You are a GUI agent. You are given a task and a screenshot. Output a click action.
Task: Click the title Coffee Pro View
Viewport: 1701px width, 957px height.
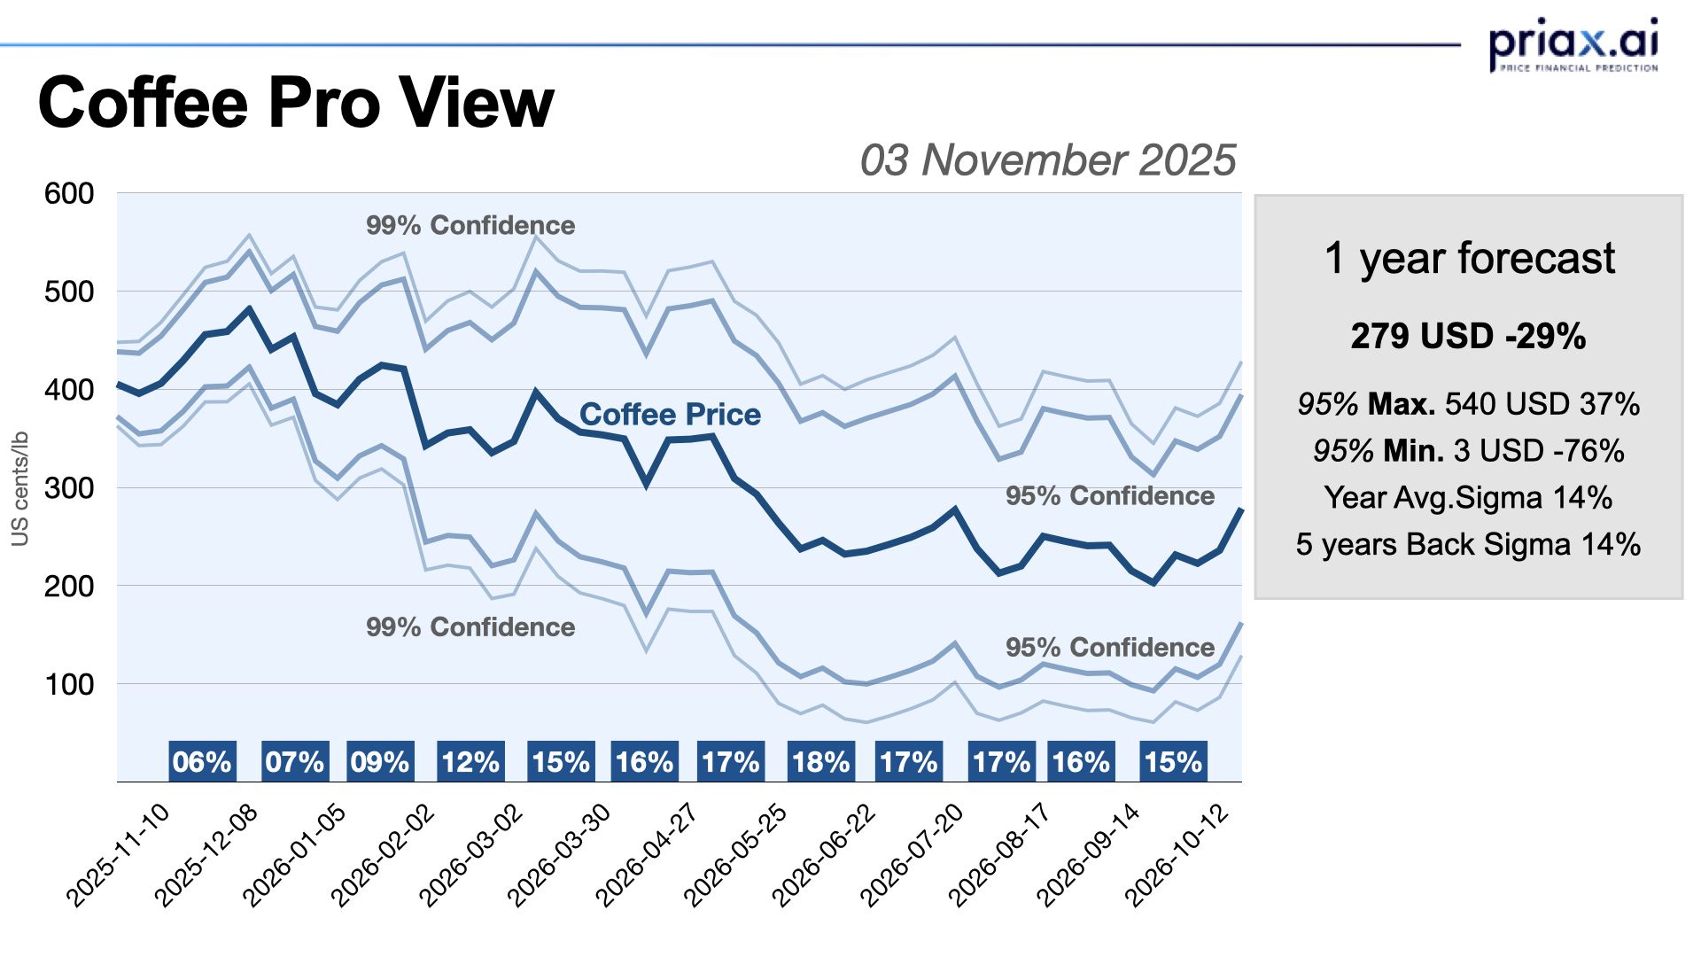point(296,103)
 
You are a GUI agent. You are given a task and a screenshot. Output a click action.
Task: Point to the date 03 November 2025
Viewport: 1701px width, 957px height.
point(1047,160)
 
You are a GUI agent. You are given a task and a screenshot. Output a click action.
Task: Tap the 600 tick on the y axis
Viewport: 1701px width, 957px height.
point(69,194)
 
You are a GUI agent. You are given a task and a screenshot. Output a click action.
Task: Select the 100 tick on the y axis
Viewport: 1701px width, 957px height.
point(69,685)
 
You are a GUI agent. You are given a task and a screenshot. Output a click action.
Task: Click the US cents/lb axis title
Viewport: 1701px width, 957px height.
point(20,488)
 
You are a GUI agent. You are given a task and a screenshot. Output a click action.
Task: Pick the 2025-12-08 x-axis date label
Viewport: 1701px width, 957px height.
point(207,854)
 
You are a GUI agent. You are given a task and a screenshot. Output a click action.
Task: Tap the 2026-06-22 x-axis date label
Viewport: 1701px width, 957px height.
point(825,854)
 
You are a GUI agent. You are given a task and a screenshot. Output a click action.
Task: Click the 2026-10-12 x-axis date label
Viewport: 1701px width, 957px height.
point(1177,854)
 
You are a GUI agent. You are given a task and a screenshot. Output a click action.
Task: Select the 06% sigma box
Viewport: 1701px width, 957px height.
point(202,762)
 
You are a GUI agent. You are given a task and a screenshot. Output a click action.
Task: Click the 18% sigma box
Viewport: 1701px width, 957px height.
point(821,762)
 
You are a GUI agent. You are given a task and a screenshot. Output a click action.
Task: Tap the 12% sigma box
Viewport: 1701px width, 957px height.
point(470,762)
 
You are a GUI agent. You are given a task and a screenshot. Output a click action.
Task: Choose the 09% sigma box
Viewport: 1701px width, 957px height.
point(380,762)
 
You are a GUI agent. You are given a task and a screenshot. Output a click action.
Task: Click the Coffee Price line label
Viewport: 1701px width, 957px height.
point(670,415)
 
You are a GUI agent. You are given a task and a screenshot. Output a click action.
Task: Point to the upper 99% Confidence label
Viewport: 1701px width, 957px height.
point(470,226)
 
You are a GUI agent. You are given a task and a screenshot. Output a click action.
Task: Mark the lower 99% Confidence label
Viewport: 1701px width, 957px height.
point(470,627)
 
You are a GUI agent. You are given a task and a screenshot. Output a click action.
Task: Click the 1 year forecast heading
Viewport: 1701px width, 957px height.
point(1469,259)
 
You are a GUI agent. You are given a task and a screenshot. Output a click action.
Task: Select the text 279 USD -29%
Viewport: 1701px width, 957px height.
point(1469,337)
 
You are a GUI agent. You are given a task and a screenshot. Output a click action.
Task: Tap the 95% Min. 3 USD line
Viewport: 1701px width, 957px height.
point(1469,451)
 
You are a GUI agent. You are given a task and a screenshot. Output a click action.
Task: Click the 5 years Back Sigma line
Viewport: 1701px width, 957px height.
point(1469,544)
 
